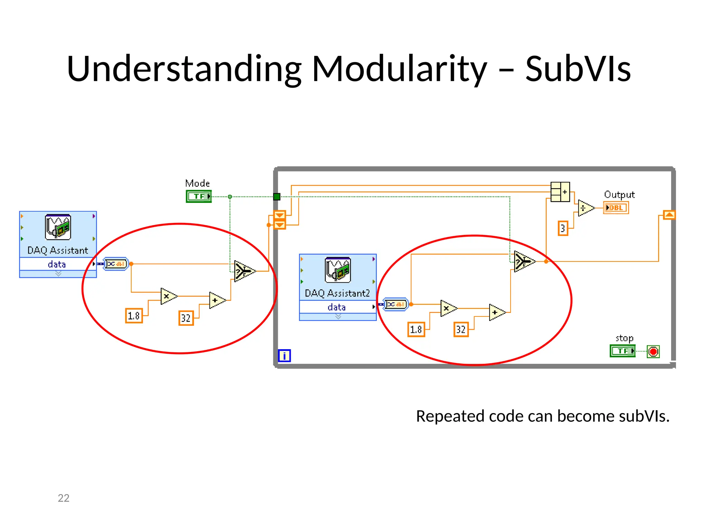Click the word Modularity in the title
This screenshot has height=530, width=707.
click(399, 69)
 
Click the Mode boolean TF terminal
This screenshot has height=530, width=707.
click(198, 196)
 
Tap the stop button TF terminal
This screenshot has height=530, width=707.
click(622, 351)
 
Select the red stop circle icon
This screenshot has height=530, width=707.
click(653, 352)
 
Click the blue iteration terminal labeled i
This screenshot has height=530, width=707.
click(284, 356)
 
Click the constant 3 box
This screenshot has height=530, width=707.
click(563, 228)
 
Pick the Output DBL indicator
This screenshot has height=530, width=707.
click(616, 208)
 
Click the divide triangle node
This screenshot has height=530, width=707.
click(585, 208)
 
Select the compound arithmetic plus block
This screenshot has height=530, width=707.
click(560, 192)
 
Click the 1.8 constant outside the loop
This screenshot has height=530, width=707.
click(134, 316)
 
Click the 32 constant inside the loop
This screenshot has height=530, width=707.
click(461, 330)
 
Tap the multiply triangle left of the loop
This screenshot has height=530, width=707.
click(168, 296)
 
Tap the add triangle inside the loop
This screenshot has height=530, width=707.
click(496, 312)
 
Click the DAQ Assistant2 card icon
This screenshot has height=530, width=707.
click(338, 270)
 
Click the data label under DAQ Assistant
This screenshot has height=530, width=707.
click(57, 264)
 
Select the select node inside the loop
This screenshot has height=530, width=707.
click(523, 262)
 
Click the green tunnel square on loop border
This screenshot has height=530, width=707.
click(277, 197)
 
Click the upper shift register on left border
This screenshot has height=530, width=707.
click(280, 215)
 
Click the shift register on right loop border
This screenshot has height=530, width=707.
click(669, 215)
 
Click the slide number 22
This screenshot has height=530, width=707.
click(64, 498)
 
